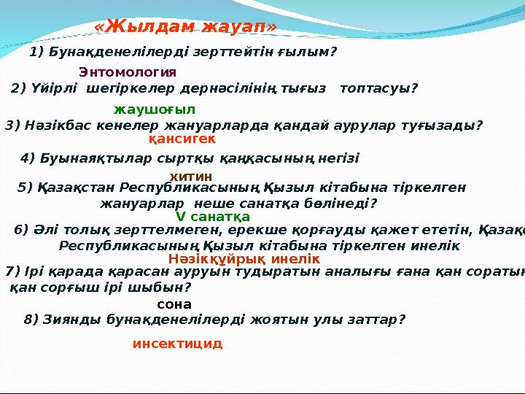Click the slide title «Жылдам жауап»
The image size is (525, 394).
click(186, 27)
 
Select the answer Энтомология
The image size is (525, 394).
click(128, 72)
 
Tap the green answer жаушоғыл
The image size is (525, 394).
click(155, 109)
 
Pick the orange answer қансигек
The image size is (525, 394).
click(182, 138)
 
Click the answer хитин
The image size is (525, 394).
click(191, 177)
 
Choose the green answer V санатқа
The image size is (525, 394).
click(213, 217)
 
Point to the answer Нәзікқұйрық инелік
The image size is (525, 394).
click(244, 258)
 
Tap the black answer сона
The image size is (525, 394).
click(174, 304)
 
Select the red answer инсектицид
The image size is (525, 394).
click(177, 343)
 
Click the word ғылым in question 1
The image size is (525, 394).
click(310, 53)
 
